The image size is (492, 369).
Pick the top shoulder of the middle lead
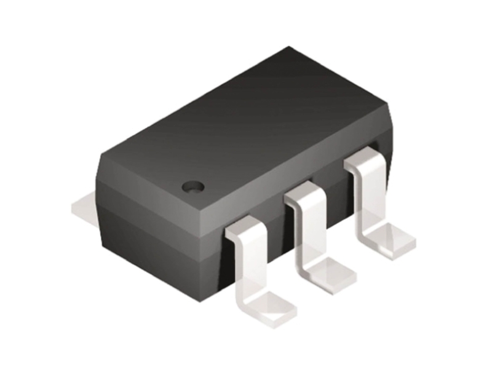pyautogui.click(x=303, y=196)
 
